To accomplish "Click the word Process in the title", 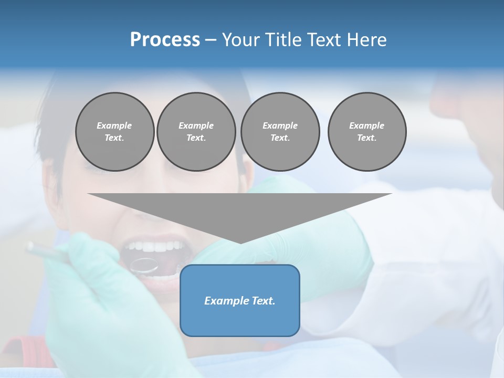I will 165,40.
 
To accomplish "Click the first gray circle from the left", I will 115,132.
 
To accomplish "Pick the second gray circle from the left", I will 196,132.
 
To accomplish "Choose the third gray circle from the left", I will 280,132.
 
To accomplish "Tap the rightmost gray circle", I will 367,132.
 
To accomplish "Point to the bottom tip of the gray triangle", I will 240,243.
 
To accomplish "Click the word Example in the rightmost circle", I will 367,125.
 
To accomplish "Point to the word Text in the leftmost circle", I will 114,138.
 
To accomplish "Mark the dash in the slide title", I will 211,40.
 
